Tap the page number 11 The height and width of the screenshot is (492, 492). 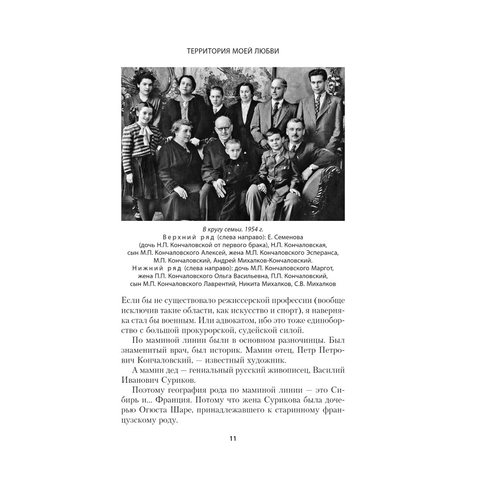233,439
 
